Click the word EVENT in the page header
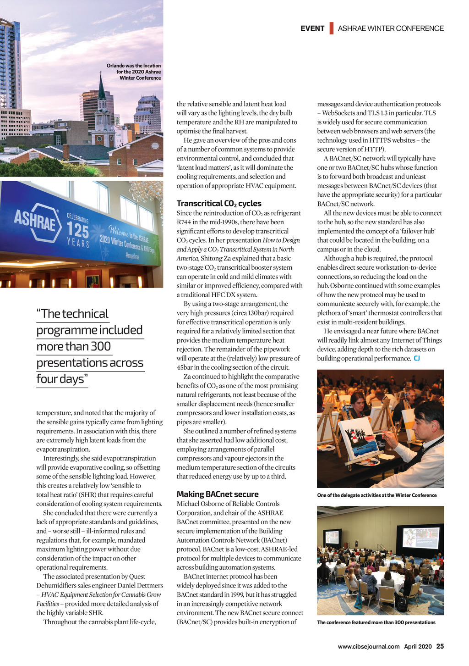coord(312,28)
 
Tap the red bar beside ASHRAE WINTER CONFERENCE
coord(331,28)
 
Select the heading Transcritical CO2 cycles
coord(219,203)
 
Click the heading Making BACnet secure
coord(218,494)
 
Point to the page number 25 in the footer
coord(440,646)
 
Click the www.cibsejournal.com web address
coord(369,647)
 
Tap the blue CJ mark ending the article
coord(417,358)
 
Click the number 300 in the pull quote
coord(100,346)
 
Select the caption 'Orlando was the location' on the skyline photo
coord(134,66)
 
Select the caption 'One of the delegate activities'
coord(376,495)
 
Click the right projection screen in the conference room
coord(420,538)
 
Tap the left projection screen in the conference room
coord(332,537)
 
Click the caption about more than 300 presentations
coord(376,622)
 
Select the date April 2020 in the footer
coord(418,647)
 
